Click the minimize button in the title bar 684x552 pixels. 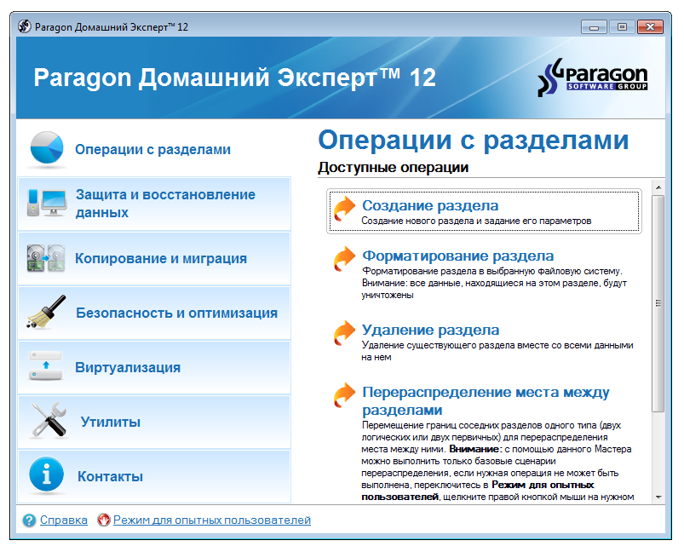point(594,26)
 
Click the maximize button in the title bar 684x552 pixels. point(621,26)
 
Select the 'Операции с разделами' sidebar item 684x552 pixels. point(152,150)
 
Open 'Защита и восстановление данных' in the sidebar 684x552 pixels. point(165,204)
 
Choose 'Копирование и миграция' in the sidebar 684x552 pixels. point(161,258)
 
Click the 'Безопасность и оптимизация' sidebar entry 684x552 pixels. point(176,313)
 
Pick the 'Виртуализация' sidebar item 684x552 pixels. point(128,367)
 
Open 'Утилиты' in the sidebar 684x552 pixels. point(110,422)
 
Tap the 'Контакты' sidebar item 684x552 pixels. point(110,476)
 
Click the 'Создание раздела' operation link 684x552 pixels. point(430,205)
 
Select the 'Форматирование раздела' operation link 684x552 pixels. point(457,256)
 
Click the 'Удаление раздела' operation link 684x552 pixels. point(430,330)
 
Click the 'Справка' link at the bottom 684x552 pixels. point(63,520)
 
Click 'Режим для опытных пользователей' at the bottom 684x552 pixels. point(211,520)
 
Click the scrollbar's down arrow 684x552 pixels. point(658,496)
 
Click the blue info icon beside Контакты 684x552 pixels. point(47,475)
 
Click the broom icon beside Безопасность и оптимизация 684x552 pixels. point(45,313)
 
